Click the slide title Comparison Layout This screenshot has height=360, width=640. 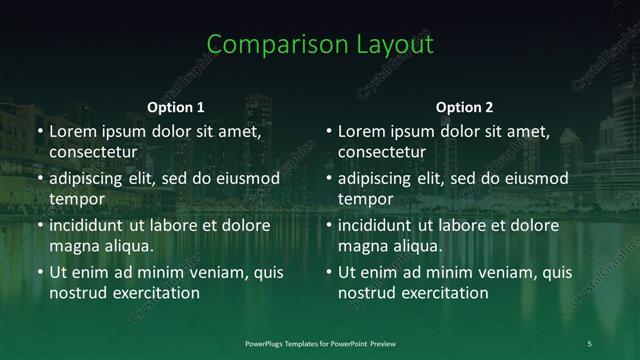[x=320, y=45]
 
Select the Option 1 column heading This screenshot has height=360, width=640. [x=176, y=107]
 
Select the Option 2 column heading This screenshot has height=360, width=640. [x=465, y=107]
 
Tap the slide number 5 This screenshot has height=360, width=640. [x=589, y=343]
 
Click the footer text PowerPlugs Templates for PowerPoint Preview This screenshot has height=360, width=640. [x=320, y=343]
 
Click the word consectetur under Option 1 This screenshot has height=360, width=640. [x=93, y=152]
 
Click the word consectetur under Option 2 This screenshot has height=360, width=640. [x=382, y=152]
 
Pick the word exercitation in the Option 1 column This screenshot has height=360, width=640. [x=151, y=293]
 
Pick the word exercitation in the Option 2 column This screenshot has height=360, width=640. [x=440, y=293]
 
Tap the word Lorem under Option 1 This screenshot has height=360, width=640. [x=72, y=131]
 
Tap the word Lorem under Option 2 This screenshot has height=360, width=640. [x=361, y=131]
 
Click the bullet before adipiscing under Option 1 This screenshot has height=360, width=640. [x=39, y=179]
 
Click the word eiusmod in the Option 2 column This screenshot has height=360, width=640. [x=534, y=178]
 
